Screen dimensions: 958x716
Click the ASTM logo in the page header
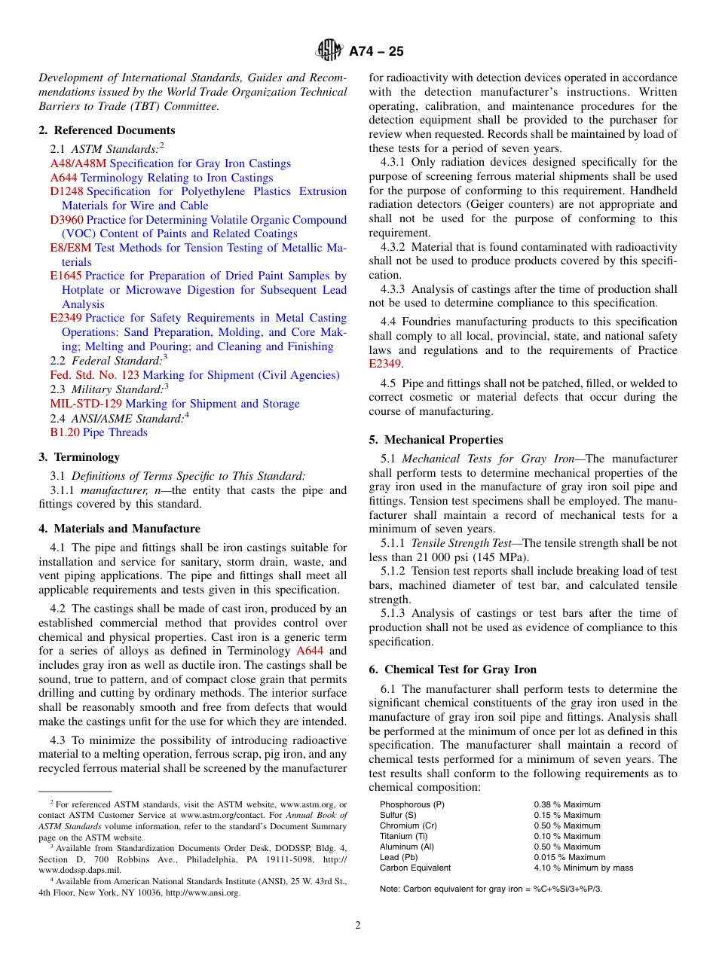coord(329,51)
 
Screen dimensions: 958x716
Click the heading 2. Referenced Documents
coord(107,130)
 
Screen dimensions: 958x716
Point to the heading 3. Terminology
coord(79,457)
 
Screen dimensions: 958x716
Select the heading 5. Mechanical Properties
coord(436,440)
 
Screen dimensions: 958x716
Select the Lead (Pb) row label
coord(399,857)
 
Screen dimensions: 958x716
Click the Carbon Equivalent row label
coord(415,868)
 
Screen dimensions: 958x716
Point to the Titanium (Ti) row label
coord(406,836)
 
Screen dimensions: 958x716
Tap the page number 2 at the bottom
coord(358,926)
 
